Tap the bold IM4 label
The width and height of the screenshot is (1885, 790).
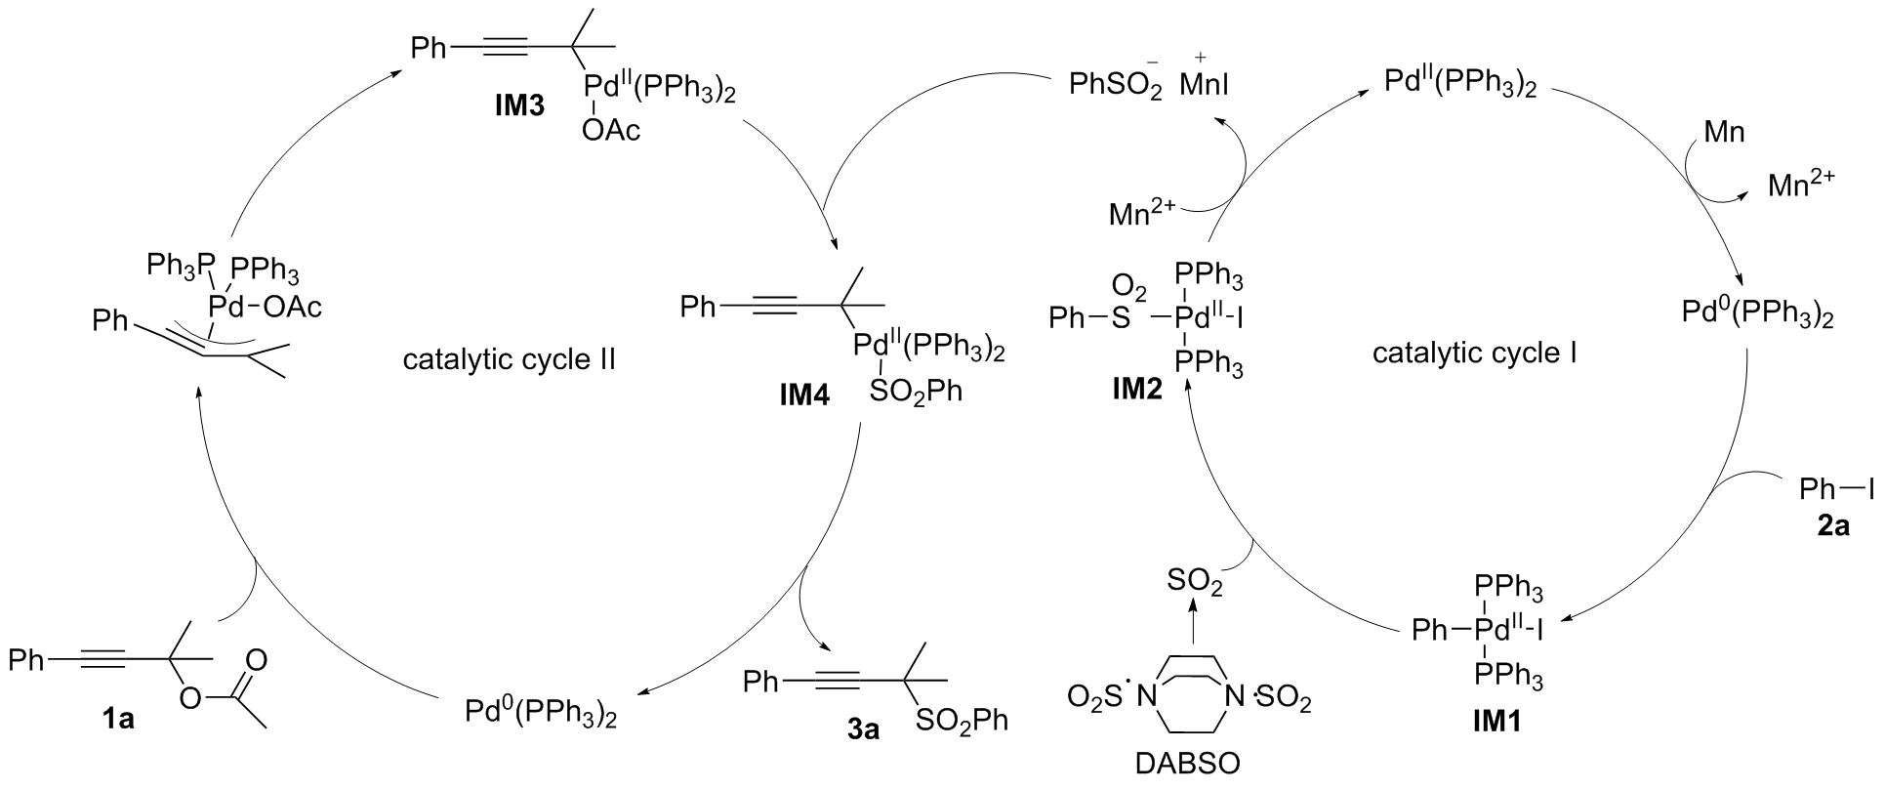[x=803, y=397]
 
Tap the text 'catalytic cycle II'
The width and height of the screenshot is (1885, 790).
[x=509, y=359]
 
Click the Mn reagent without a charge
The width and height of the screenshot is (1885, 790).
[x=1723, y=131]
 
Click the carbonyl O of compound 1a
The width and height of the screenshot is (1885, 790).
[x=256, y=659]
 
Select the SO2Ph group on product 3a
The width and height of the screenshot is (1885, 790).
[x=962, y=722]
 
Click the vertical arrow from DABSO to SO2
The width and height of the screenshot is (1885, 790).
[x=1193, y=625]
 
